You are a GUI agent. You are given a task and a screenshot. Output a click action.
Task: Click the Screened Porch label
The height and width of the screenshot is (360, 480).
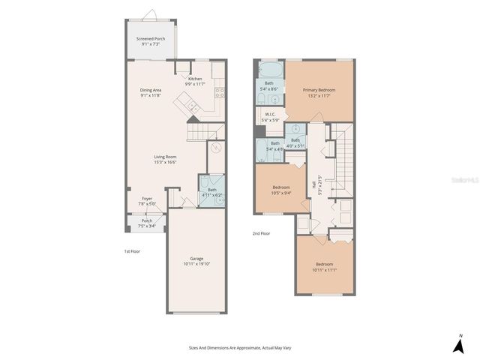[150, 41]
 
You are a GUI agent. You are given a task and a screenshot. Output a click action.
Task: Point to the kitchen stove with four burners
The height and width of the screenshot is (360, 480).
[220, 93]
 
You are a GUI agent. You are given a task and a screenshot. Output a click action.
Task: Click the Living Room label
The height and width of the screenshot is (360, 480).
[165, 160]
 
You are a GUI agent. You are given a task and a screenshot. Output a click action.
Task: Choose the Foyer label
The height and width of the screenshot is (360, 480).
[147, 201]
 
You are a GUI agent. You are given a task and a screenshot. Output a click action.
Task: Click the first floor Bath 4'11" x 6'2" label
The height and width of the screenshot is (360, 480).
[211, 193]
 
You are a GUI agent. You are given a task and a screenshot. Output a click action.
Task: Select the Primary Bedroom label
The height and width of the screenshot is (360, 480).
[319, 93]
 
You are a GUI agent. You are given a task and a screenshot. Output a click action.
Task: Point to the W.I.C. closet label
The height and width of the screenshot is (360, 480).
[270, 118]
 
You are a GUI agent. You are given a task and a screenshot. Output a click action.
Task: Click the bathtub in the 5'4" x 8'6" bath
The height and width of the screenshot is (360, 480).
[270, 73]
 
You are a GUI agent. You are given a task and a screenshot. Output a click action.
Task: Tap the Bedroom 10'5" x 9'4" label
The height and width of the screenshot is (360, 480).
[281, 190]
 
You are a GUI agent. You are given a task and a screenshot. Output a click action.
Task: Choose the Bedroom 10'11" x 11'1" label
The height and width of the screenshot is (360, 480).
[324, 267]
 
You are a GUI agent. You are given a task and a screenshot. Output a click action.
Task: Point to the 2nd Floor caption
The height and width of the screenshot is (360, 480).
[261, 234]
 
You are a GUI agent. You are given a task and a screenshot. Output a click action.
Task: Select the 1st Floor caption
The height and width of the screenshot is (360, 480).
[132, 251]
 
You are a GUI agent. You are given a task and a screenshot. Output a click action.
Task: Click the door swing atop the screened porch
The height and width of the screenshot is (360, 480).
[150, 14]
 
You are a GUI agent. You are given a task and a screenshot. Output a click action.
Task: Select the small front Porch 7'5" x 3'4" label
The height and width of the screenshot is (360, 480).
[147, 223]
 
